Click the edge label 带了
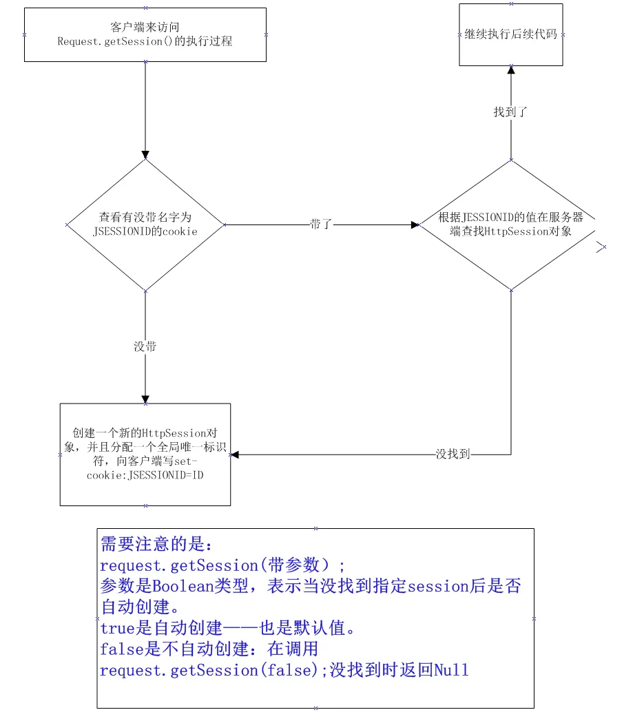point(321,224)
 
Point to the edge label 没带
point(145,346)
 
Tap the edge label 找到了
point(510,112)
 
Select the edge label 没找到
point(453,454)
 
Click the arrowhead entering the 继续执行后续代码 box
point(511,70)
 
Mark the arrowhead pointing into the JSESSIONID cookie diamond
point(145,154)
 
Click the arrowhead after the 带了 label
point(415,225)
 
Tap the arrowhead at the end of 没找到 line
point(235,454)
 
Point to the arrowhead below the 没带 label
point(145,399)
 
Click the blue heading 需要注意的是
point(156,544)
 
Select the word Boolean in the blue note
point(183,586)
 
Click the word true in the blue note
point(118,628)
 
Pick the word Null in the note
point(451,670)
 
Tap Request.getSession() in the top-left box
point(115,41)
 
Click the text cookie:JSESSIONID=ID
point(145,475)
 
